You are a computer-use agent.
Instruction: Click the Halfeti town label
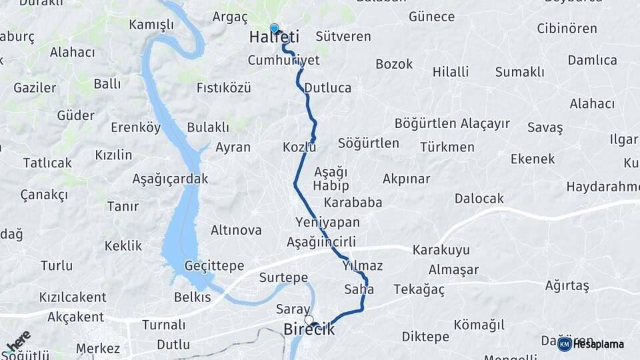tap(274, 38)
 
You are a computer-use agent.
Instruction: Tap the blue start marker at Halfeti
tap(274, 29)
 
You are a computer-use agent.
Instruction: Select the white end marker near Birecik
tap(309, 319)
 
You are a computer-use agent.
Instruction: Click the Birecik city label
tap(309, 329)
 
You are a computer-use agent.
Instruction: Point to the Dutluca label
tap(327, 87)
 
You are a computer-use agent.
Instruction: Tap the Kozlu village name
tap(299, 147)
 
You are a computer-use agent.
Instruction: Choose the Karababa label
tap(353, 202)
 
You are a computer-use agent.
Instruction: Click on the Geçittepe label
tap(215, 265)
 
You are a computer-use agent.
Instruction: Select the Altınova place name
tap(236, 230)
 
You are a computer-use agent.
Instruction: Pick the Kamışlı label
tap(151, 25)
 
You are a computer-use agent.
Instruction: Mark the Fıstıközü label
tap(223, 87)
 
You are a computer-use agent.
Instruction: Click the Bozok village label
tap(394, 64)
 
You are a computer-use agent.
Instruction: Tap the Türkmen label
tap(447, 147)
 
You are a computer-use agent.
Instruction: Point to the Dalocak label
tap(479, 198)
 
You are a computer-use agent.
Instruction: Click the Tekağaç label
tap(419, 289)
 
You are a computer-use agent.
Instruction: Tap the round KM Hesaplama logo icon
tap(564, 344)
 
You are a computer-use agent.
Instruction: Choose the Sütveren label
tap(343, 36)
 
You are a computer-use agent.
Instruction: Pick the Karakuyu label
tap(441, 250)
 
